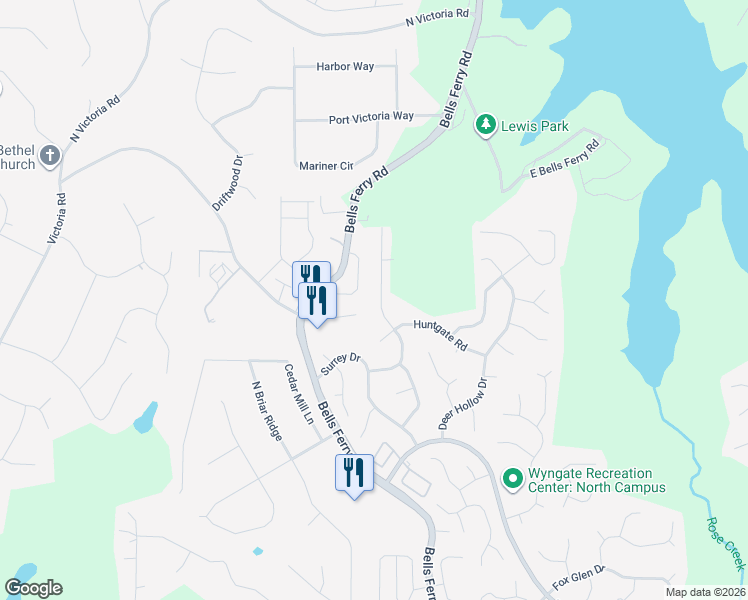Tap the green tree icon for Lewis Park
(486, 124)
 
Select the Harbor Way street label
(344, 67)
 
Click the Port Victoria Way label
(371, 118)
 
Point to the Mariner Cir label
(326, 166)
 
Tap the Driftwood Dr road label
(228, 181)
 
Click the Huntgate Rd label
(441, 334)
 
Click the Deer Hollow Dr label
(462, 404)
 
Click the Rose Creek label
(725, 545)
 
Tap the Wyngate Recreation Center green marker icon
(513, 480)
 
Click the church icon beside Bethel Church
(51, 155)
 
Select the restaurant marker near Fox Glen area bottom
(354, 472)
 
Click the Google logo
(33, 588)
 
